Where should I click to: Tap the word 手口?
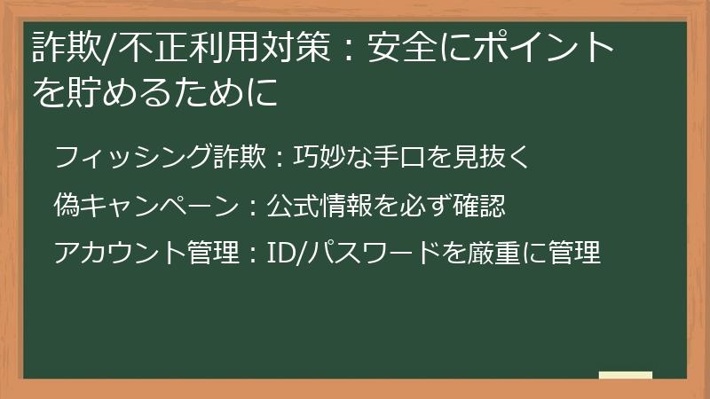(x=397, y=160)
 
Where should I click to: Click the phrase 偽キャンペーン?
(x=146, y=207)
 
